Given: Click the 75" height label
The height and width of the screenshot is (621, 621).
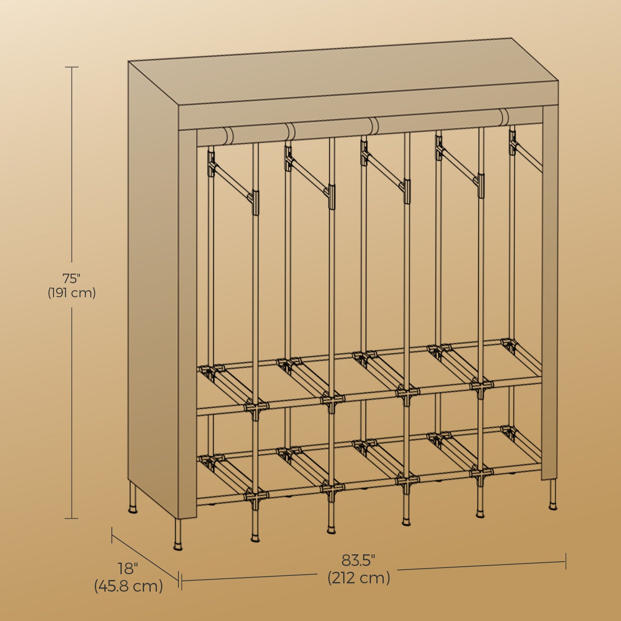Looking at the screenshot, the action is point(71,277).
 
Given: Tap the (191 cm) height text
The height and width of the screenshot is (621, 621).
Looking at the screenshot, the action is point(72,293).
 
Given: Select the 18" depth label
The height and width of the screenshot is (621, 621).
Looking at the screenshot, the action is point(128,568).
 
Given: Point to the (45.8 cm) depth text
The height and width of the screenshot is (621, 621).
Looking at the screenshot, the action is point(128,586).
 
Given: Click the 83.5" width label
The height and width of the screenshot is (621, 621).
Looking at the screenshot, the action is point(359,560).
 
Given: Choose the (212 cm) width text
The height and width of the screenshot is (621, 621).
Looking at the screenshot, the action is point(359,578).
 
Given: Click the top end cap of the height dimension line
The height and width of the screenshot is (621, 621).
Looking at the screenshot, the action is point(72,67).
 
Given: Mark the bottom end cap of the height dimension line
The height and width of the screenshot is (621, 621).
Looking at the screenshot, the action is point(72,518).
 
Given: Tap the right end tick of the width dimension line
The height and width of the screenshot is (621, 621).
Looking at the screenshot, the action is point(566,561).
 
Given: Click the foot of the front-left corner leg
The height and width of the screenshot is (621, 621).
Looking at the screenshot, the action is point(178,546).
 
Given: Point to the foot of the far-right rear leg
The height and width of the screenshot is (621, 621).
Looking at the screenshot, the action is point(553,506).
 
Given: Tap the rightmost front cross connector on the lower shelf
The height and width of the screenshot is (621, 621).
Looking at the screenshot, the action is point(480,472).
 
